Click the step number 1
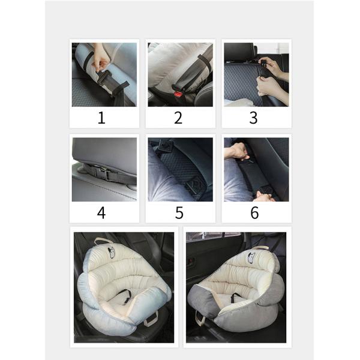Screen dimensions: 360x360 point(101,118)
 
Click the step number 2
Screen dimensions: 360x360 point(178,118)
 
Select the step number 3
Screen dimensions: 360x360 point(253,118)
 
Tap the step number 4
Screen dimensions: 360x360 point(101,212)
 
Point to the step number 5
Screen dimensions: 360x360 point(179,212)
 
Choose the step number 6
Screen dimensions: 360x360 point(254,212)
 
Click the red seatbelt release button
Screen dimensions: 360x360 point(178,94)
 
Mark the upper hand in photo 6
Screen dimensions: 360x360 point(237,151)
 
